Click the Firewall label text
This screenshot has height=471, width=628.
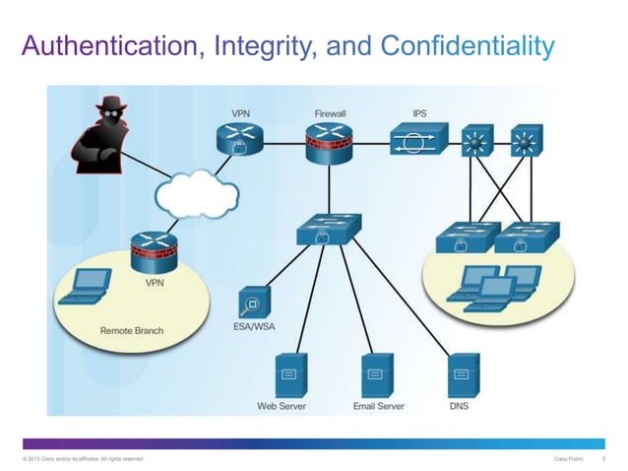(330, 114)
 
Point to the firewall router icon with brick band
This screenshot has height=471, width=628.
(328, 145)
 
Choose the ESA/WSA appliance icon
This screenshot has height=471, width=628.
(252, 303)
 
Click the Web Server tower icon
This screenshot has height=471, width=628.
(288, 373)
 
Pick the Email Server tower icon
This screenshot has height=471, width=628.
(375, 373)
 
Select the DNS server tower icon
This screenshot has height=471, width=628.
(458, 373)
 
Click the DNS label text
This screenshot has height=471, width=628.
(459, 405)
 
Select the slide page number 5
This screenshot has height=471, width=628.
(602, 459)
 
